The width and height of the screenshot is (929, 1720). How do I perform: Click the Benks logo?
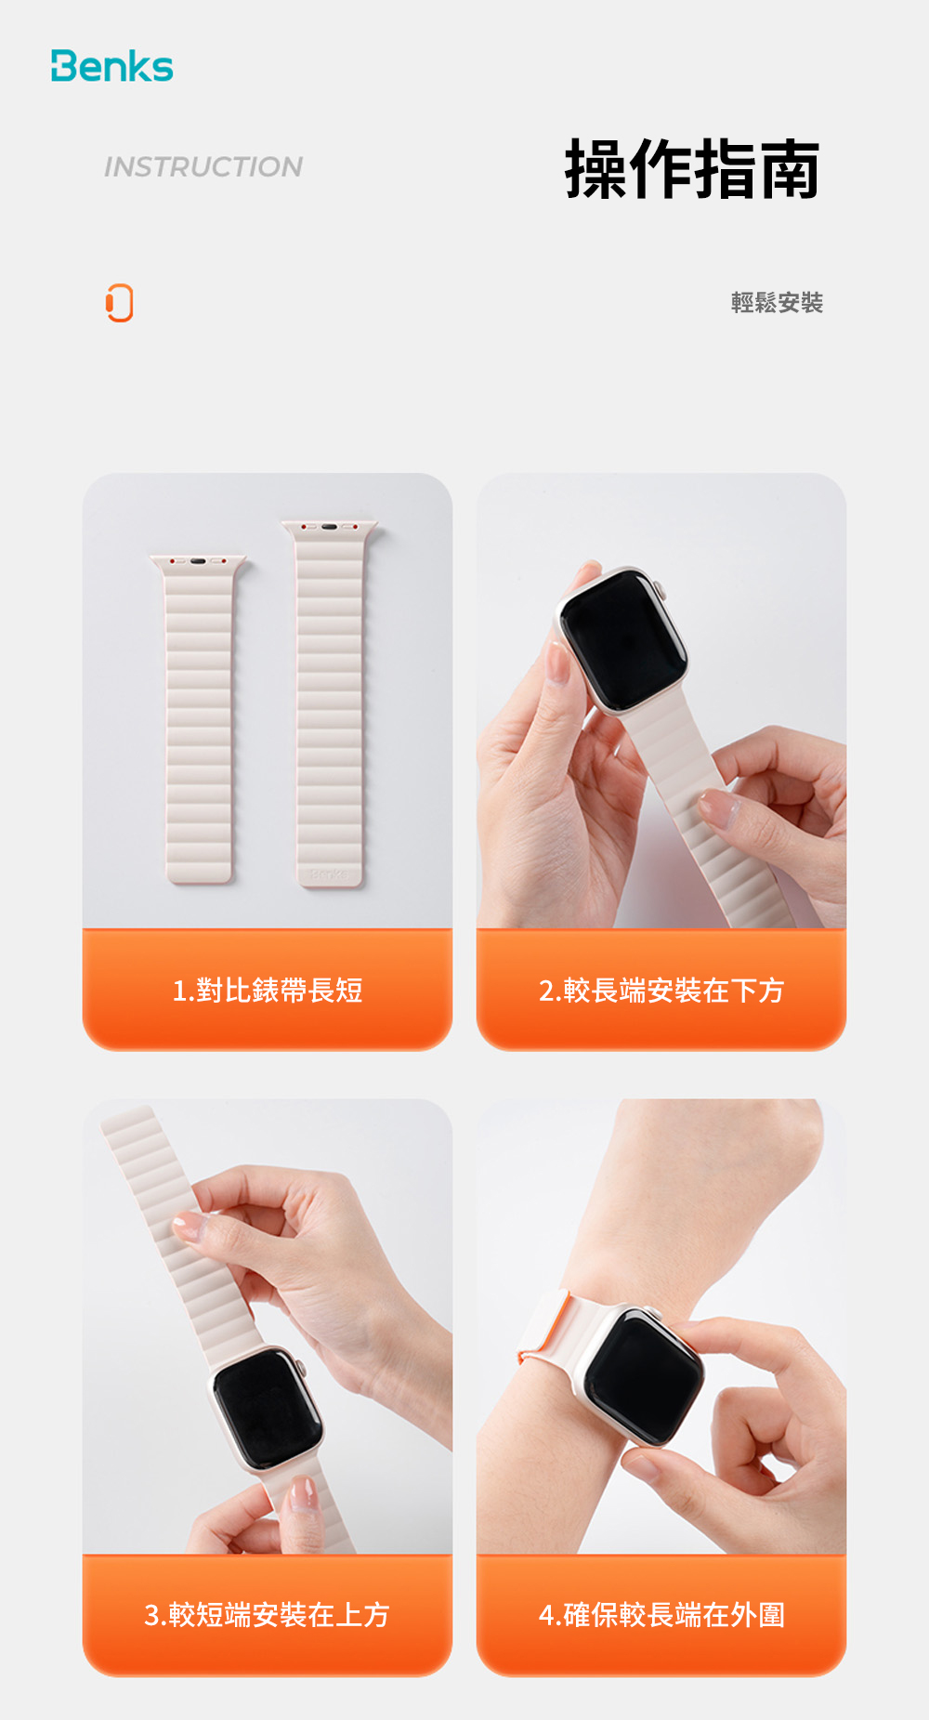point(111,66)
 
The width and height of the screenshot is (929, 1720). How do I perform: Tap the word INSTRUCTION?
point(203,167)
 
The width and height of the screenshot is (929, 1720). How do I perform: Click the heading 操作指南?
point(692,169)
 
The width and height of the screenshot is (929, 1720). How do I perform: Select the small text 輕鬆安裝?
point(777,303)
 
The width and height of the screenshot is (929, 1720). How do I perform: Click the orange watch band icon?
point(120,303)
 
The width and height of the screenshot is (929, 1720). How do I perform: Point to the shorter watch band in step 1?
point(198,719)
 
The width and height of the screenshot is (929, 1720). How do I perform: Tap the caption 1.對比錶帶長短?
point(268,991)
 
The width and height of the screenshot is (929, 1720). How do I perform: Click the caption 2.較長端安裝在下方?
point(661,991)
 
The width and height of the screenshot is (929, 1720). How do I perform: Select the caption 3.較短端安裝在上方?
point(268,1615)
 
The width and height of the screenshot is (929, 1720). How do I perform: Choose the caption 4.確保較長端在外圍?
point(661,1615)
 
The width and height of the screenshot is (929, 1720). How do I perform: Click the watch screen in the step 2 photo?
point(622,639)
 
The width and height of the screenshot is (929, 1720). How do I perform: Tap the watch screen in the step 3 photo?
point(268,1407)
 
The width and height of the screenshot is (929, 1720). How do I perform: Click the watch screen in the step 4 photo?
point(645,1375)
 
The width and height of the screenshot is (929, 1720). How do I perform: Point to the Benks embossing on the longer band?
point(330,874)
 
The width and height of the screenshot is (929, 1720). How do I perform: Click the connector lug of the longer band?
point(330,527)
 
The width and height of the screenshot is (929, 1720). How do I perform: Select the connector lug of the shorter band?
point(198,562)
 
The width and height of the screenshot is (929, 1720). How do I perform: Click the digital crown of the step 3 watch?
point(299,1368)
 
